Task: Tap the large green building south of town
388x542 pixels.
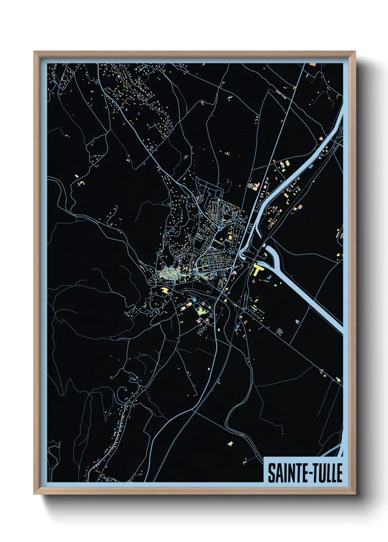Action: coord(201,312)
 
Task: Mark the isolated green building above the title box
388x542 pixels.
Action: coord(230,444)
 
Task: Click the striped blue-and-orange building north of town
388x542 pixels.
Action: coord(253,186)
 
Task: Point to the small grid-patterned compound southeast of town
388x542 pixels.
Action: coord(280,331)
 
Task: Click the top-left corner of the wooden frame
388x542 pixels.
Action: coord(34,52)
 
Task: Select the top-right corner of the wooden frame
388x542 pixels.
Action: coord(355,52)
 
